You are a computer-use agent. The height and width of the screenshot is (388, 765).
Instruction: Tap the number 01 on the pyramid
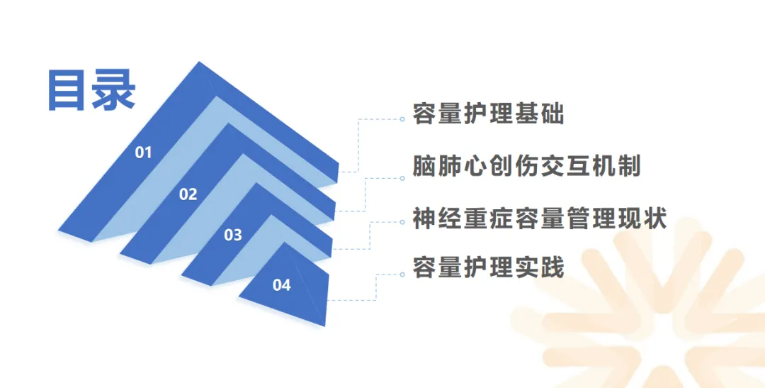click(x=144, y=153)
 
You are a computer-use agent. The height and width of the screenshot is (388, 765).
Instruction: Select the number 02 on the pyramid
click(x=188, y=194)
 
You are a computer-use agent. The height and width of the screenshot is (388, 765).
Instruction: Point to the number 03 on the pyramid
click(x=233, y=235)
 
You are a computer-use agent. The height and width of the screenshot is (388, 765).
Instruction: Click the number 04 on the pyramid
click(x=282, y=285)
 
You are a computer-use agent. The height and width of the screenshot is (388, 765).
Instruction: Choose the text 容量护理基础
click(x=488, y=113)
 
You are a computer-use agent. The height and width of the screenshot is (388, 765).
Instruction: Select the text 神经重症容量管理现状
click(x=539, y=218)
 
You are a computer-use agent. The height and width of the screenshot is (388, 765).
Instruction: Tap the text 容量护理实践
click(x=488, y=269)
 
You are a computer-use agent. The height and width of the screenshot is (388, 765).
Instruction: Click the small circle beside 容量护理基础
click(x=402, y=119)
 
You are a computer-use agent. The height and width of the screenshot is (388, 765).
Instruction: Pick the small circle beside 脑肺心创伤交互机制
click(x=402, y=178)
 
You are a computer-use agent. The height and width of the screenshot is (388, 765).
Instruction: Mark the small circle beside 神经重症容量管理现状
click(x=402, y=222)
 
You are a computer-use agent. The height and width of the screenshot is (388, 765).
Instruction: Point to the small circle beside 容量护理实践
click(x=402, y=274)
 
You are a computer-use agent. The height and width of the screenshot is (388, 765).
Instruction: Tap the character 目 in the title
click(x=67, y=90)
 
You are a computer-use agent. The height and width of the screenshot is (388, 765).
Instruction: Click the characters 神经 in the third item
click(x=437, y=218)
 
